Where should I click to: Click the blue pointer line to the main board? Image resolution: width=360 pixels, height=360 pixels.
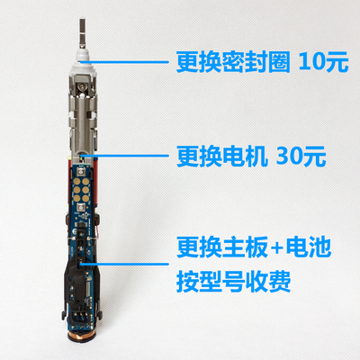click(x=135, y=262)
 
